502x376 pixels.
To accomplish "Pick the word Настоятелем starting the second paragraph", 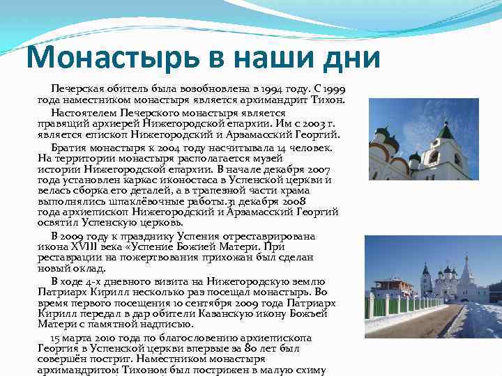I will [84, 113].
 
